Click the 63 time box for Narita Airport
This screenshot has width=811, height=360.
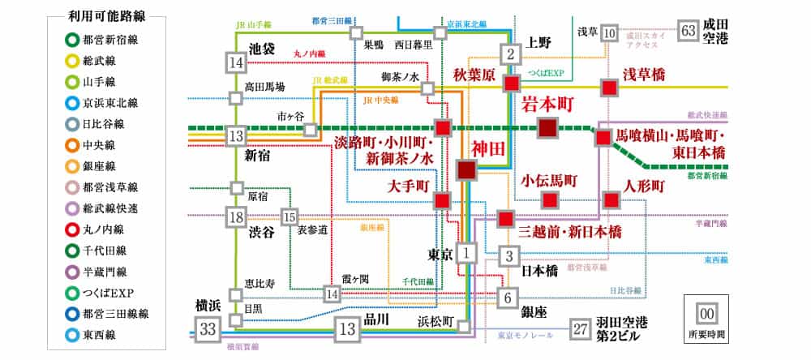pos(689,31)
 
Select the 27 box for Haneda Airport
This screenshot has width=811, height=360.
pos(580,328)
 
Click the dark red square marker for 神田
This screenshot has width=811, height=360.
pos(467,169)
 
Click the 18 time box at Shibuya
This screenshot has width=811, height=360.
pos(236,217)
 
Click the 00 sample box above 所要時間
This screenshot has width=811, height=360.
pos(706,313)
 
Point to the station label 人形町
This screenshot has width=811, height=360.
pos(646,185)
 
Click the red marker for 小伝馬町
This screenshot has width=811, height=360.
pos(550,199)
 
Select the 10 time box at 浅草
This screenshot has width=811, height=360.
pos(610,32)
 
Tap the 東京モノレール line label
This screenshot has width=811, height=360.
pos(525,335)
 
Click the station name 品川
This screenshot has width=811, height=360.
pos(377,319)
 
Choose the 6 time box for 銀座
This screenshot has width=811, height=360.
pos(508,296)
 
